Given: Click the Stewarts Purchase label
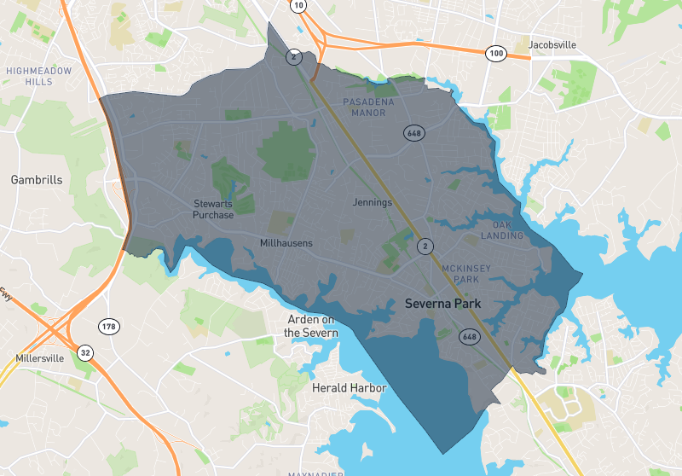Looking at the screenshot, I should [213, 209].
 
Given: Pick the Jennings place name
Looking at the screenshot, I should [373, 203].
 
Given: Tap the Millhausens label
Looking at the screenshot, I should [286, 243].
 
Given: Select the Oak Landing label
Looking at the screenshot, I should [502, 230].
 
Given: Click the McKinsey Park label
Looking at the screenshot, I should [466, 274].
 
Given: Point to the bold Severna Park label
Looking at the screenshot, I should [443, 304].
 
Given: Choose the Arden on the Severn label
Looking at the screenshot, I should [311, 326].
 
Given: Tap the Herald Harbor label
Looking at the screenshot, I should [350, 388].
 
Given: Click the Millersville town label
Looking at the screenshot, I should [39, 358].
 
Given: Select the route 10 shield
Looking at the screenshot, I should [298, 6].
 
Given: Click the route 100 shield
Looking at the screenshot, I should [496, 54].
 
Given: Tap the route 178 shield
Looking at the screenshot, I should [109, 327].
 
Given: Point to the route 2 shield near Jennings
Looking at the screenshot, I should [424, 247].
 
